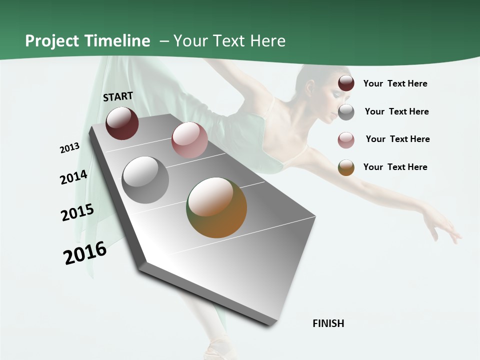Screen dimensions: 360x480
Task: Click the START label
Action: coord(118,96)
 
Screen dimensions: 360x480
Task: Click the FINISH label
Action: coord(328,323)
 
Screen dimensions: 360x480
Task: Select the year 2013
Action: coord(69,148)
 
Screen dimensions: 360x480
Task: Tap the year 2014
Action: coord(73,177)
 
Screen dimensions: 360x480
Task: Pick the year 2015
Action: coord(77,212)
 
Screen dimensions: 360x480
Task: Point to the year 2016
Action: coord(85,253)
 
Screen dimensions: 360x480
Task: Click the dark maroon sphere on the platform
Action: coord(122,123)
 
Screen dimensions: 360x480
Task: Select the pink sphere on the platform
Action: coord(189,140)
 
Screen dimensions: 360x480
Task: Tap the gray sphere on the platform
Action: coord(145,180)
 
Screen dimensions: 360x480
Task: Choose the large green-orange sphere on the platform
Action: coord(216,207)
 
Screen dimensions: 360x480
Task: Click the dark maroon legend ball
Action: coord(346,83)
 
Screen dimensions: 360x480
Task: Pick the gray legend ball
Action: coord(346,112)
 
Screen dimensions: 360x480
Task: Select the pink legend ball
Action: coord(346,140)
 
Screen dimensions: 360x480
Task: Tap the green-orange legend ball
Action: coord(346,167)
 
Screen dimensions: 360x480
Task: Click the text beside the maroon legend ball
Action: coord(395,83)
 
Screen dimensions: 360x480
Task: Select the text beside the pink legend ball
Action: coord(397,139)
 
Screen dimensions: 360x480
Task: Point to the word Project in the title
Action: coord(52,41)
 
